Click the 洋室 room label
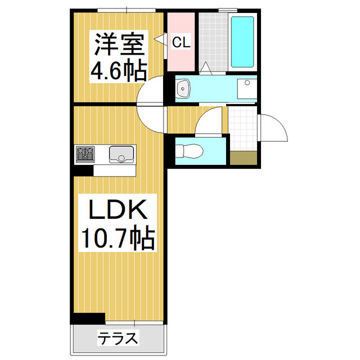pos(119,43)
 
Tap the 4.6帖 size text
pos(119,71)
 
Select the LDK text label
pos(116,210)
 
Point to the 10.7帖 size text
pos(116,240)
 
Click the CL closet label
pos(180,42)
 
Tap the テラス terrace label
pos(118,338)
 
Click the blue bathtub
pos(243,42)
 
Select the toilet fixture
pos(190,151)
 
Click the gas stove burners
pos(85,153)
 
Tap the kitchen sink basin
pos(121,153)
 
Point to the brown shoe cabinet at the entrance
pos(244,158)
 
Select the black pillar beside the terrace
pos(88,318)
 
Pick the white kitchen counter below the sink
pos(115,169)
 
